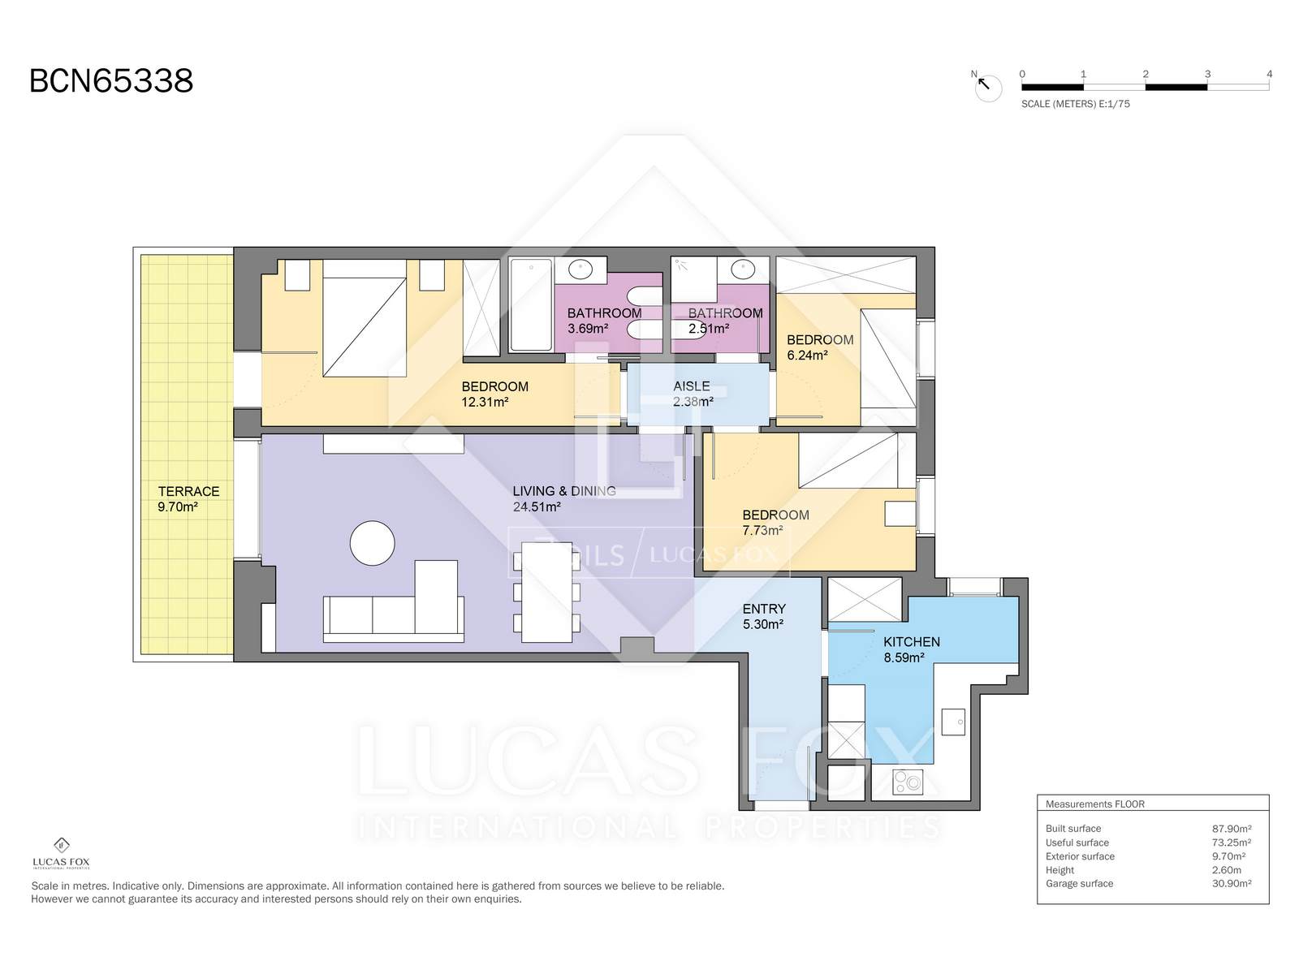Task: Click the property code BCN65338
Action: (111, 81)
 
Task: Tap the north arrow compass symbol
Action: (988, 88)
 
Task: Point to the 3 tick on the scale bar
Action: (1207, 74)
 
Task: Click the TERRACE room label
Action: (189, 491)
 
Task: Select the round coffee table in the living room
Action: (372, 543)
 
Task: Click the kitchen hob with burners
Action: (907, 782)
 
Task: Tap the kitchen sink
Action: (953, 721)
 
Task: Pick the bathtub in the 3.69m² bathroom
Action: (531, 305)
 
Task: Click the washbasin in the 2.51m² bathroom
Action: (742, 269)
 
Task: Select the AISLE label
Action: (691, 386)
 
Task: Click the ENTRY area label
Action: (764, 609)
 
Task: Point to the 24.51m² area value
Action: (537, 506)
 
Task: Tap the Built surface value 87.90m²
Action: (1232, 829)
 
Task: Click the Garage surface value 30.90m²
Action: (1232, 884)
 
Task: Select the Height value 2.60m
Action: (1227, 870)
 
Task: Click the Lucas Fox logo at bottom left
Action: (61, 853)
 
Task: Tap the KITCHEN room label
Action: (912, 642)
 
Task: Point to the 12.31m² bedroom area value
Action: (486, 402)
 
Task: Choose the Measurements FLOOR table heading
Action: (1095, 804)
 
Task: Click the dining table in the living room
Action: (546, 592)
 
